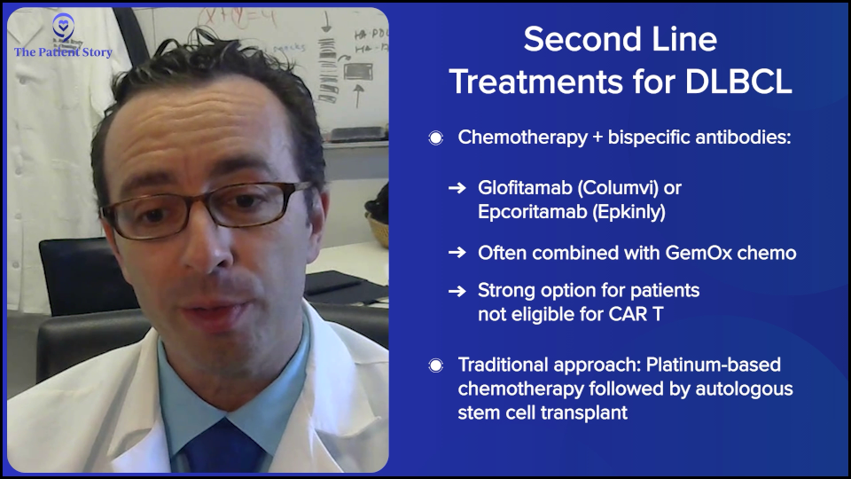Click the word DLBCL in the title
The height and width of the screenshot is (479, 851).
click(x=738, y=82)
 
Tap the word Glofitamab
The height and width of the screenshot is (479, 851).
click(x=525, y=188)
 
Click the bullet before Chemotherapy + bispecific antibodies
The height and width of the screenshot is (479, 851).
click(x=435, y=138)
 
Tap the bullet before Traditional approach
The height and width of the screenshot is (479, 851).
click(x=435, y=365)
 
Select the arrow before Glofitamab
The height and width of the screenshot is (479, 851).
click(x=457, y=188)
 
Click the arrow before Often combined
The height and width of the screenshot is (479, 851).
click(x=457, y=253)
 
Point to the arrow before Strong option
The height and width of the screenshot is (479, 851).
click(x=457, y=291)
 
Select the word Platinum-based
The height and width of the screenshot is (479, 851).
click(x=713, y=365)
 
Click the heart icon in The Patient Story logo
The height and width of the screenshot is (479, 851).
click(x=63, y=25)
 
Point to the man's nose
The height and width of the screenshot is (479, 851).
click(x=207, y=244)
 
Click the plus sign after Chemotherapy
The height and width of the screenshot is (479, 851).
click(x=597, y=138)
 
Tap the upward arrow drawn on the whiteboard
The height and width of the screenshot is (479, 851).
click(x=358, y=95)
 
